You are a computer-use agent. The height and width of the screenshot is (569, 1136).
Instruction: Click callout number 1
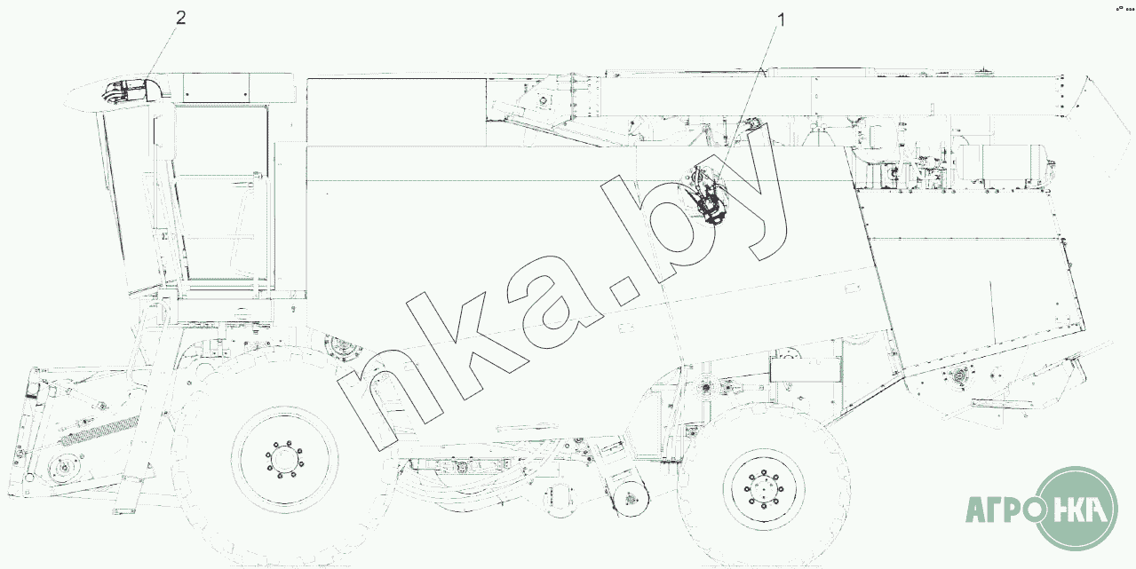781,20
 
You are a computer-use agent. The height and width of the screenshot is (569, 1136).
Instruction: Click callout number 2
181,19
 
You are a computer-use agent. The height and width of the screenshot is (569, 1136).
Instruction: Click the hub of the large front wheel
283,460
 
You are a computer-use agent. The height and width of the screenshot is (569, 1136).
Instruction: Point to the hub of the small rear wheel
763,489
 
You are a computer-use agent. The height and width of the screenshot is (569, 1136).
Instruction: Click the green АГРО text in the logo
1001,510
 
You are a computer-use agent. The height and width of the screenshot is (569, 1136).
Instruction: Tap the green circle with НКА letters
1076,509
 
